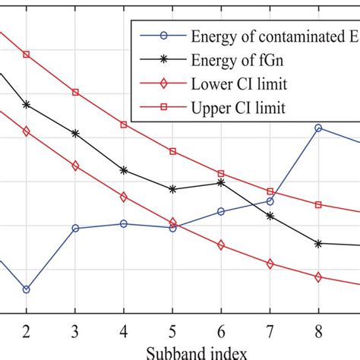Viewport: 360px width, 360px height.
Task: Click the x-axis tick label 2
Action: (x=27, y=331)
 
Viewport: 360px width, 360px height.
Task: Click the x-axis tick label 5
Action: (x=172, y=331)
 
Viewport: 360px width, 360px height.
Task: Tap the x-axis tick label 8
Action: (x=318, y=331)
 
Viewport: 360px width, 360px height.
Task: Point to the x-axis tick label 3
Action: (x=75, y=331)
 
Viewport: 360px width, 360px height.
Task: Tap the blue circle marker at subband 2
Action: (x=27, y=289)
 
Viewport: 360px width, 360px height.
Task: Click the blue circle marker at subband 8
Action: (x=318, y=128)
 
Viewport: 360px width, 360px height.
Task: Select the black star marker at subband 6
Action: (x=221, y=182)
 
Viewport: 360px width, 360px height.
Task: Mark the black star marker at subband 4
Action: (x=124, y=170)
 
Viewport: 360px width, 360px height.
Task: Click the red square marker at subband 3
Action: (x=75, y=92)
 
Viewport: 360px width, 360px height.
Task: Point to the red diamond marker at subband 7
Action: (x=270, y=264)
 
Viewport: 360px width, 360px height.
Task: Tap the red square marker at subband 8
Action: (x=318, y=205)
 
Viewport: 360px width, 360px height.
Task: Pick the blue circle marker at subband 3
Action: (x=75, y=228)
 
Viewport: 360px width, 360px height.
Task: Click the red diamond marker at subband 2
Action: (x=27, y=131)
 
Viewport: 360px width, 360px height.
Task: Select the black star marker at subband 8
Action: (x=318, y=243)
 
